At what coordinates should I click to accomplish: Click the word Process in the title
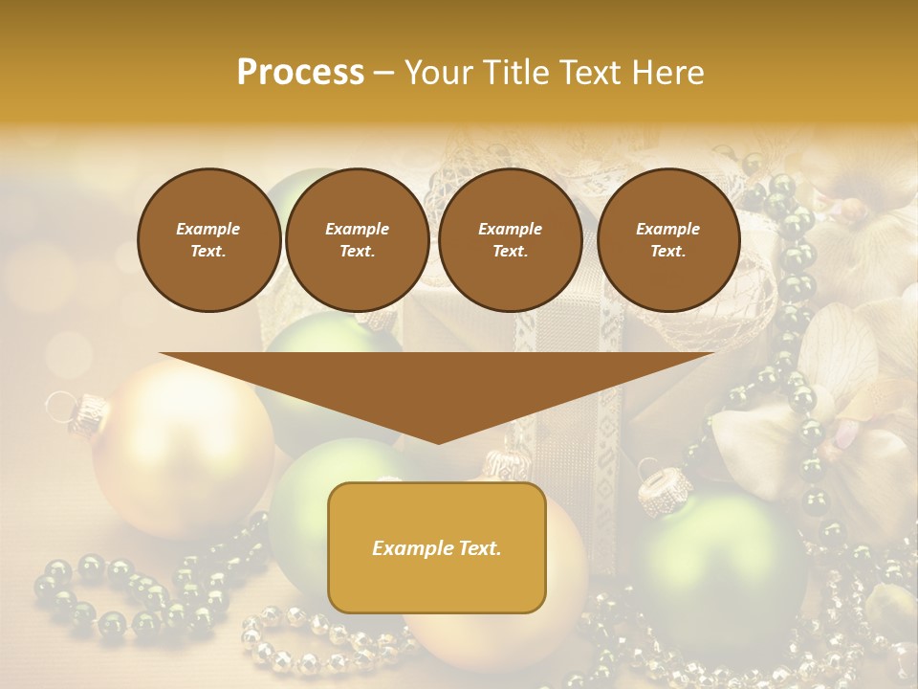300,73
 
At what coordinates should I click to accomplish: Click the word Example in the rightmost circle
667,229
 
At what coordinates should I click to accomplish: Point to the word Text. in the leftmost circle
208,252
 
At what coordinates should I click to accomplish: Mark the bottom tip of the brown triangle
437,441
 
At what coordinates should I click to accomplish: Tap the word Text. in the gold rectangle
480,548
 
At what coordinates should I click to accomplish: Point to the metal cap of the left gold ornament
89,410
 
